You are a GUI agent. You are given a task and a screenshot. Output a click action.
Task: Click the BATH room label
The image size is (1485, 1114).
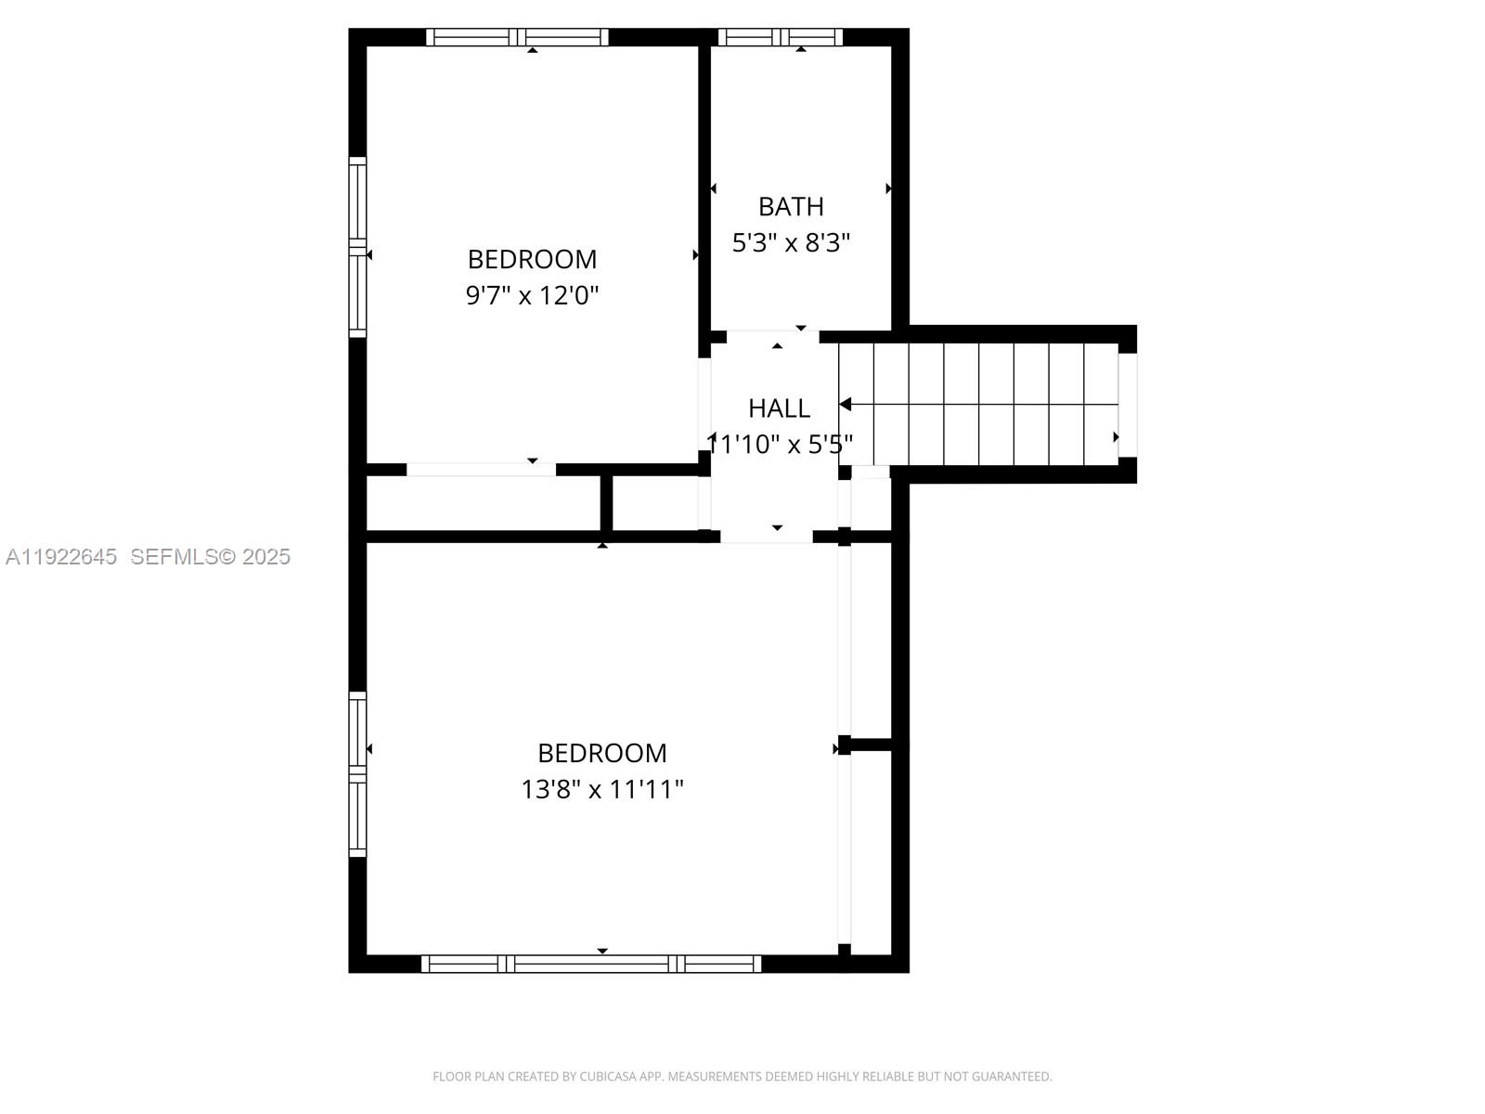[x=791, y=206]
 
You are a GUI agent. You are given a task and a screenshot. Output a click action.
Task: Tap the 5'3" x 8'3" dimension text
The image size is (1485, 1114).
[x=791, y=243]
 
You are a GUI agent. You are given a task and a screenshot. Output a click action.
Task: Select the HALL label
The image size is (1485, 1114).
[x=779, y=408]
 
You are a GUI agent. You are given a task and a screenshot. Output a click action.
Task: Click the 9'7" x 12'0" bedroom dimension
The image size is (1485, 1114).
[x=532, y=296]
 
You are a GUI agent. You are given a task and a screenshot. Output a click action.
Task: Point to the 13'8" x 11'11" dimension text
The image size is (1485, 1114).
[x=602, y=790]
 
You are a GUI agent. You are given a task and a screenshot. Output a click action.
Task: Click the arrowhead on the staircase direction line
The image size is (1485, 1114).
[x=846, y=404]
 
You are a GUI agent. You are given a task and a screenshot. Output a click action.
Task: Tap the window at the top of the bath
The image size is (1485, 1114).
[x=780, y=37]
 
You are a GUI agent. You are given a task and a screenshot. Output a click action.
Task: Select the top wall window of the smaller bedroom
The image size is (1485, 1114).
[x=517, y=37]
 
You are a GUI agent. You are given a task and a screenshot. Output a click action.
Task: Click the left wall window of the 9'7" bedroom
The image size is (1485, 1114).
[x=357, y=246]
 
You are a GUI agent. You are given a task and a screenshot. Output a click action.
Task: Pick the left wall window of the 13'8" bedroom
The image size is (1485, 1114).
[x=357, y=773]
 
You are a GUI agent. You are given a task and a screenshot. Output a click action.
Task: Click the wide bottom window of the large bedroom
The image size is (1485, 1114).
[x=591, y=964]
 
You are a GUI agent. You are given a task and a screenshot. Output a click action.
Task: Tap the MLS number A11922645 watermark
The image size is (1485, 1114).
[x=61, y=557]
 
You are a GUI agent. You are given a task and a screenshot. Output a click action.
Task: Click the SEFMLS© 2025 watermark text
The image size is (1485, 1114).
[x=211, y=557]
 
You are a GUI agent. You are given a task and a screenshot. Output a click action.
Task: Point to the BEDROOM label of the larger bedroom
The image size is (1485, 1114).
[x=602, y=753]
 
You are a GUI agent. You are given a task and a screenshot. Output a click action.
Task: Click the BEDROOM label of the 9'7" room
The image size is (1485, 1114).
[x=532, y=259]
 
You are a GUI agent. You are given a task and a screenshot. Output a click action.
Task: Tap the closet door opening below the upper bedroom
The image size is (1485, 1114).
[x=481, y=470]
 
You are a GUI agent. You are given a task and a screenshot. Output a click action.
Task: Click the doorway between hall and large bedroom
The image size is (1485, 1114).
[x=767, y=537]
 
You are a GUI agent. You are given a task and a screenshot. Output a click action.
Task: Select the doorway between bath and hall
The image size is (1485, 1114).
[x=772, y=336]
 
